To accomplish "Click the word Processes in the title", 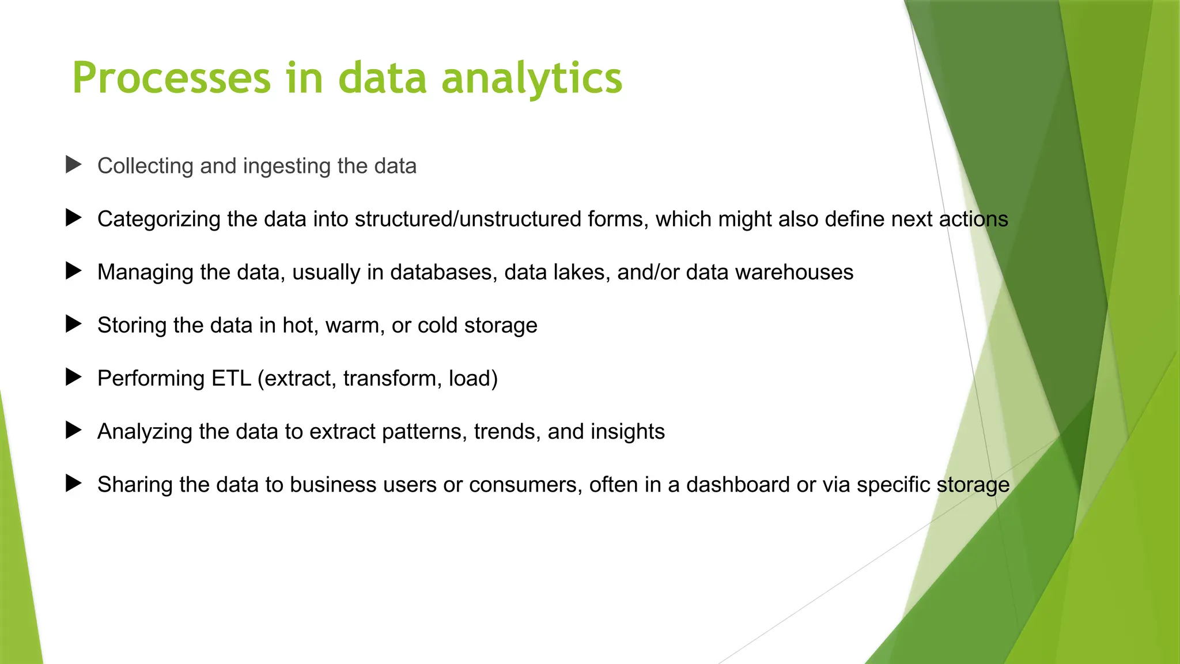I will (171, 78).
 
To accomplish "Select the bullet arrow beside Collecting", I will (73, 165).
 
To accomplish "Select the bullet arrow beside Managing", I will (73, 271).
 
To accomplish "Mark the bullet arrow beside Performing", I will (73, 378).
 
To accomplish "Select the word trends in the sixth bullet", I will (507, 432).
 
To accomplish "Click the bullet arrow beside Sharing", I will (73, 484).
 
